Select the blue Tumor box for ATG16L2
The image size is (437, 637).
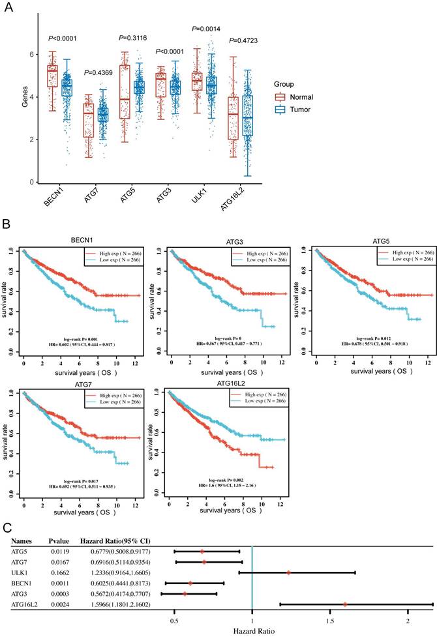coord(247,115)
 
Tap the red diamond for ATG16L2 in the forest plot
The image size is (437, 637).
coord(345,610)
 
